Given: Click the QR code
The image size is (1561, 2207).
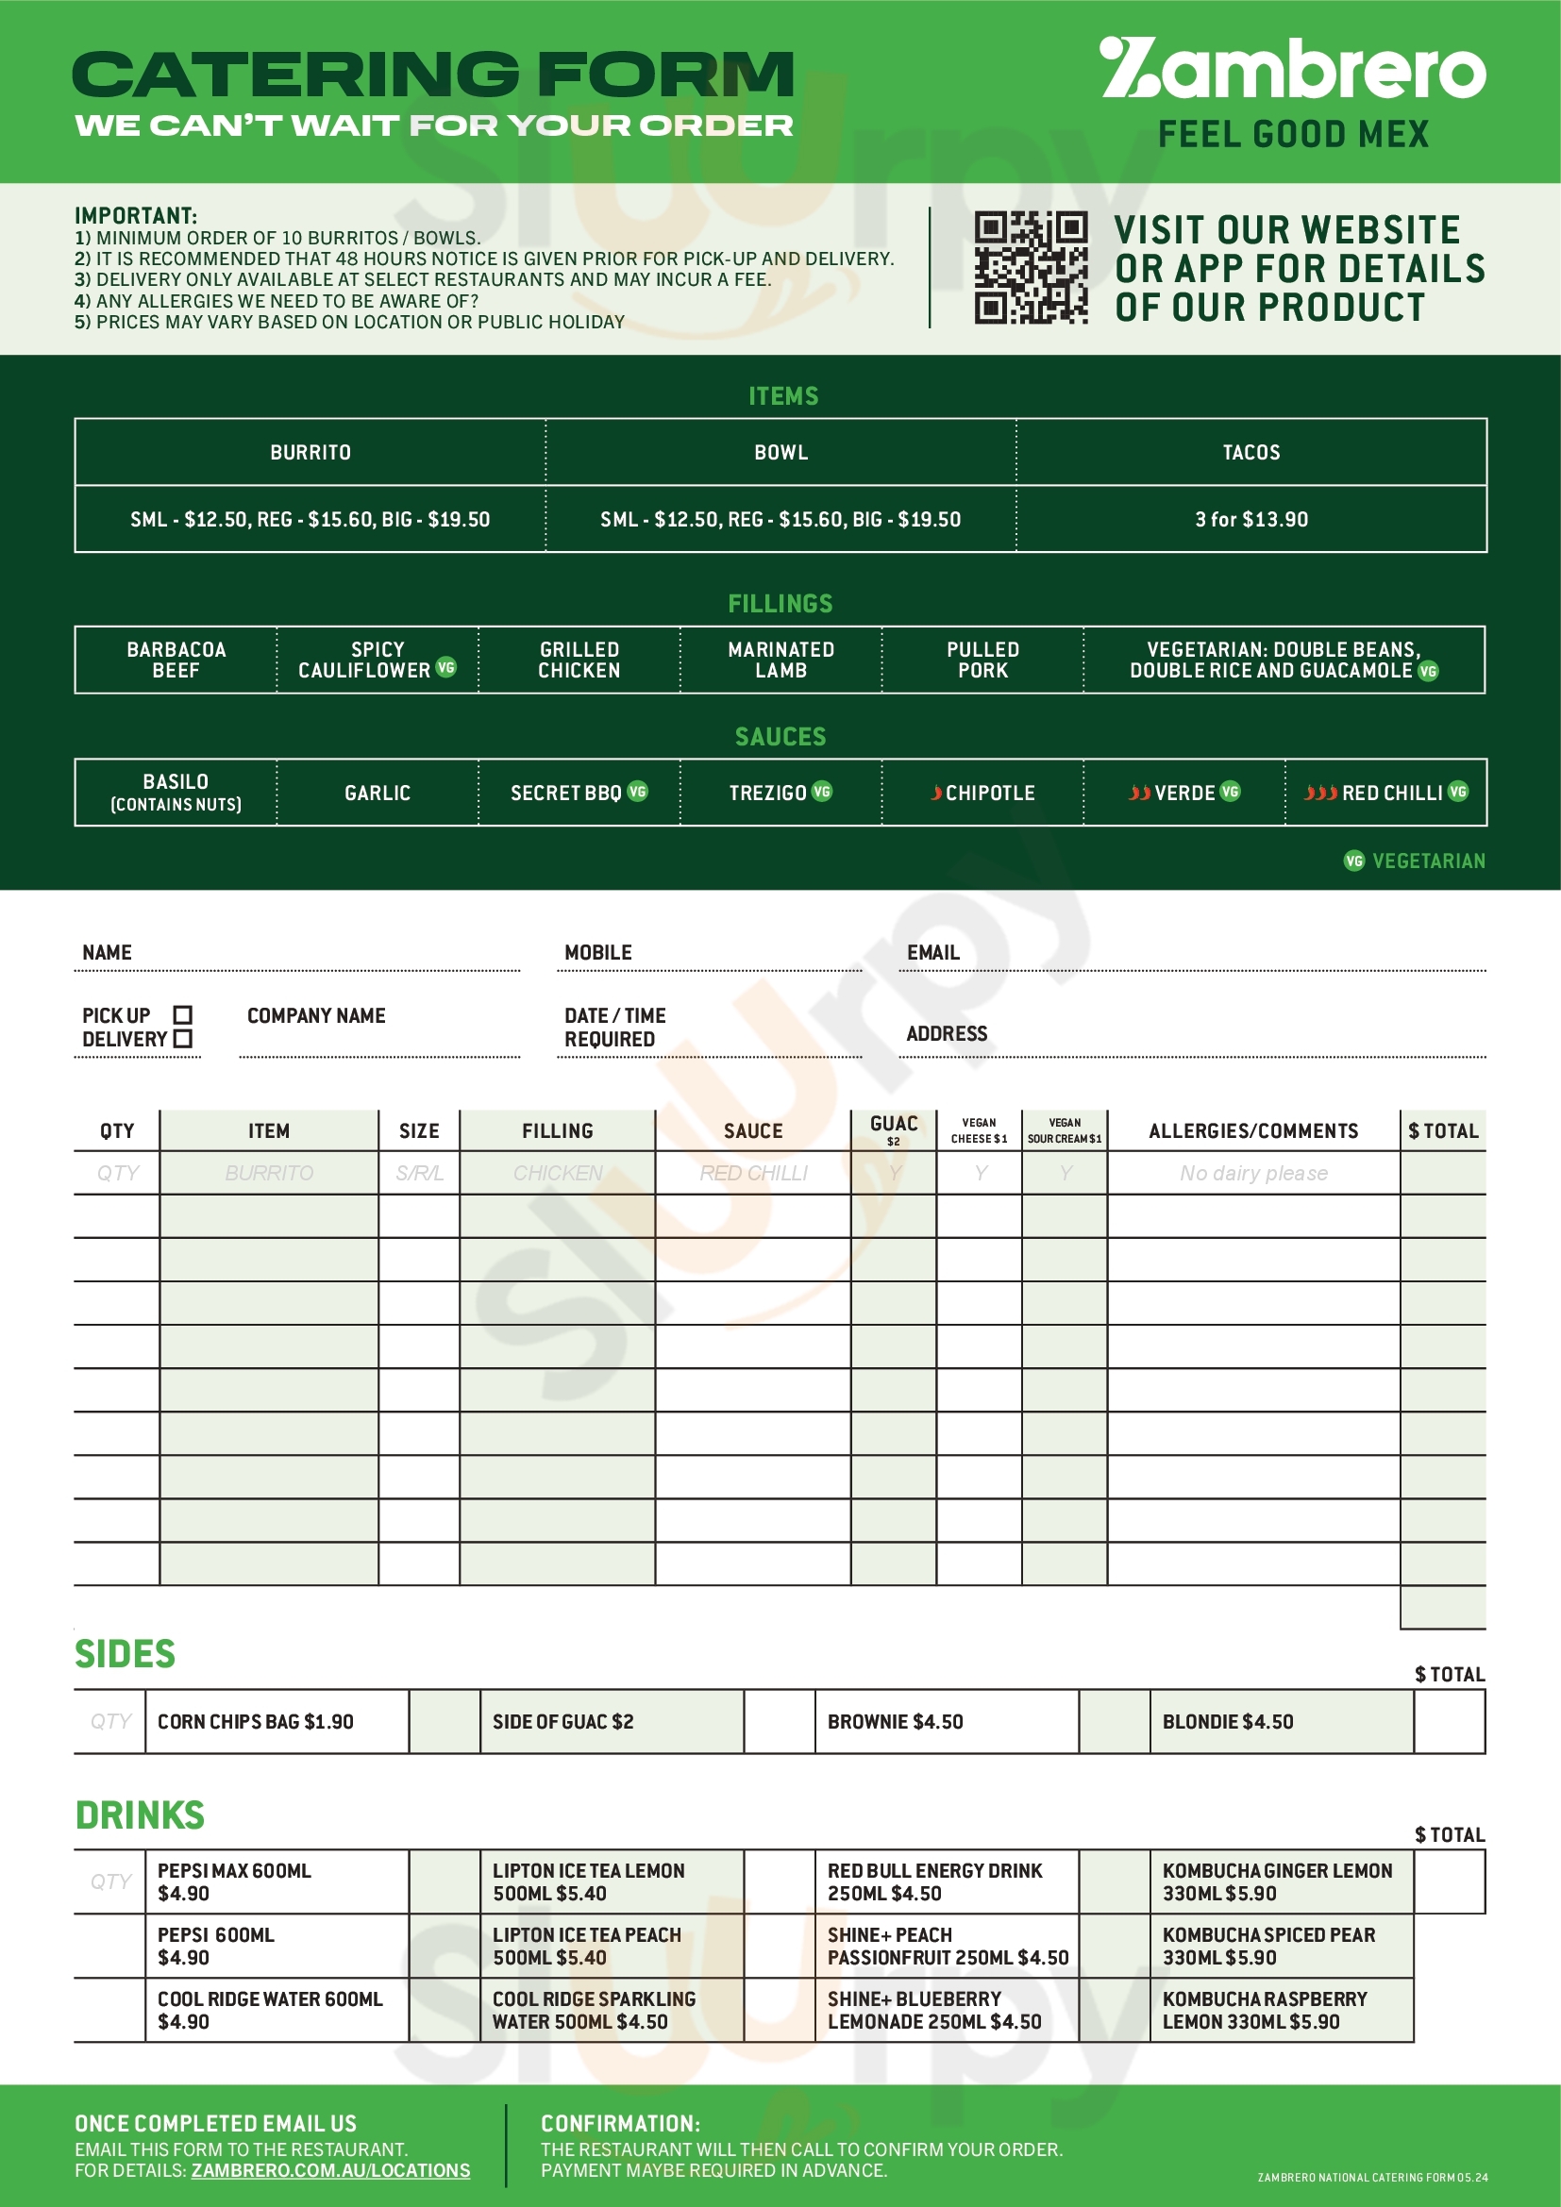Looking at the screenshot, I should point(1031,267).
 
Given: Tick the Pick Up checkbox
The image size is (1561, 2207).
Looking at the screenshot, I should point(183,1015).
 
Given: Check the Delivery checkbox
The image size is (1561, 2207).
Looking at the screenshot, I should point(183,1039).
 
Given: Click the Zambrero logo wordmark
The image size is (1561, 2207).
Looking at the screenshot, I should point(1292,70).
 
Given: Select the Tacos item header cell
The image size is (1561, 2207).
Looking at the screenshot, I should point(1250,452).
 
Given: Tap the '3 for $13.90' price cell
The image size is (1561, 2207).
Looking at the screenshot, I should point(1250,519).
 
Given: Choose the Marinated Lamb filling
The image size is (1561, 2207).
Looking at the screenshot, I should point(780,660).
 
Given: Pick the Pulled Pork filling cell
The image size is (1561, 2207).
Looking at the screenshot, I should point(982,660).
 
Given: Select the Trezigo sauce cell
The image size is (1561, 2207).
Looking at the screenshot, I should point(780,793).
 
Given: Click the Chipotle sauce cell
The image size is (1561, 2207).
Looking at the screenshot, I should point(982,793).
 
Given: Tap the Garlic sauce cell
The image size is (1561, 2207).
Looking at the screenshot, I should point(377,793).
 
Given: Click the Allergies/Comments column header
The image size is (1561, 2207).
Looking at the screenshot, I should point(1253,1131).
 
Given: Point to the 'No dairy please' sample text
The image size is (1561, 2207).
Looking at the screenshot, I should point(1253,1174).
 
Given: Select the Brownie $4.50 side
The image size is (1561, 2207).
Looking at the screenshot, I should point(895,1722).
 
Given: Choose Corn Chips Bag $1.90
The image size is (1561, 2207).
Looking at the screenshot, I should point(256,1722).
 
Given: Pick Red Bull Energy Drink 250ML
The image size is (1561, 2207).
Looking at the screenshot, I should point(934,1882).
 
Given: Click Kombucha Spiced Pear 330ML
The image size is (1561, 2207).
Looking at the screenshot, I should point(1268,1947).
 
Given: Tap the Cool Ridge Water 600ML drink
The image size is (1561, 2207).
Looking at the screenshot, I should point(270,2010).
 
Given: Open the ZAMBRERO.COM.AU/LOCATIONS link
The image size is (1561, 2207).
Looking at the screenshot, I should point(330,2170).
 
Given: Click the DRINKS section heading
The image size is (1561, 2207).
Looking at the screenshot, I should point(141,1815).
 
